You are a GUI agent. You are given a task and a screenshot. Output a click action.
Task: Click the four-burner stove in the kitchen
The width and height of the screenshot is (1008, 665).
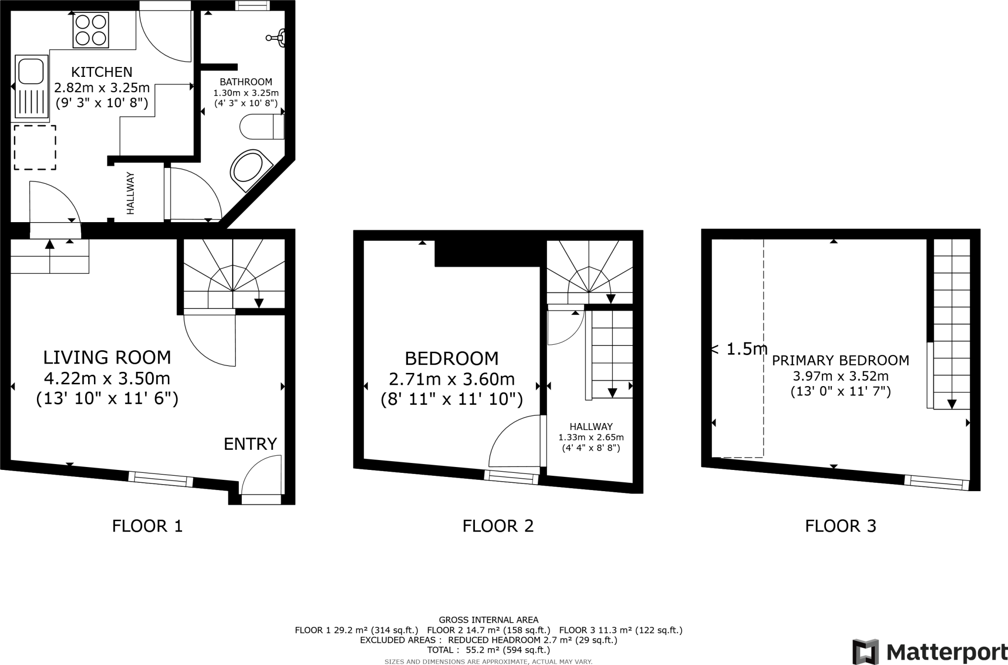[91, 30]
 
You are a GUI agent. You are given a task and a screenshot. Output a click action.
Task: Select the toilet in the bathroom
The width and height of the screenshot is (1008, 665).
[261, 127]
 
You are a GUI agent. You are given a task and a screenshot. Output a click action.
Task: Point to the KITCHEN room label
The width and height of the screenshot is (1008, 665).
[102, 72]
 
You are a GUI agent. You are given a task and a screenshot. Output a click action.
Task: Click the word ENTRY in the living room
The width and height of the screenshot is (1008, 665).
[250, 444]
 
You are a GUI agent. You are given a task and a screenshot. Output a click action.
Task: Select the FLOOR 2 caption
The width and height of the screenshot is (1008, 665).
[498, 526]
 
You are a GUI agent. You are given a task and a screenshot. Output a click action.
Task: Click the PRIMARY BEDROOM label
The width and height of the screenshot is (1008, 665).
[840, 361]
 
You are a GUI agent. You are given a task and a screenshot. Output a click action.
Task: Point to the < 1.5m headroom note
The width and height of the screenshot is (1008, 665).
[738, 349]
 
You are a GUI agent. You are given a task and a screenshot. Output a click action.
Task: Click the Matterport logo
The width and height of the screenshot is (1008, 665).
[929, 652]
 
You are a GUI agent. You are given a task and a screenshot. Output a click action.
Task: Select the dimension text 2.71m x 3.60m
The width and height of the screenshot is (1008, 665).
[451, 379]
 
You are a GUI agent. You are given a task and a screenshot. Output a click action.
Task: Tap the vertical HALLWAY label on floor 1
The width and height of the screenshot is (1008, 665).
[130, 193]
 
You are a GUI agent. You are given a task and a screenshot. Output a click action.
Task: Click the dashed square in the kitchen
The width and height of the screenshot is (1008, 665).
[34, 147]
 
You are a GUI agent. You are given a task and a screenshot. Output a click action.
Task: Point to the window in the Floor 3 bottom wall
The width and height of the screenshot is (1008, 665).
[936, 482]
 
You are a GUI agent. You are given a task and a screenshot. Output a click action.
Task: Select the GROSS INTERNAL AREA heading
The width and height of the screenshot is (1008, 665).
[488, 620]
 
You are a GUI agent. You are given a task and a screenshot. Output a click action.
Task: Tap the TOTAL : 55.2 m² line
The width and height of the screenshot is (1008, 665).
[488, 650]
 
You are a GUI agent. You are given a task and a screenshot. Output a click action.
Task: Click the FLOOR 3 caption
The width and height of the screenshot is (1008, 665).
[840, 526]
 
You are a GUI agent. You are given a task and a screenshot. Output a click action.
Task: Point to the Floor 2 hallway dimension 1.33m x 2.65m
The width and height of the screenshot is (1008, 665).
[591, 437]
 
